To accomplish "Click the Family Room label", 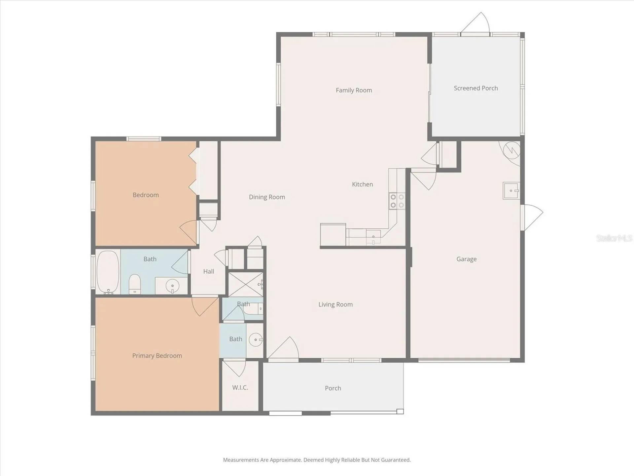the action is pos(354,90).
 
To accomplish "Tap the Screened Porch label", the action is pos(475,88).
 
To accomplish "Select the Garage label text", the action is pos(466,259).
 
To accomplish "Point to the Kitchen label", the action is pos(362,184).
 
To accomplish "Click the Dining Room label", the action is pos(267,197).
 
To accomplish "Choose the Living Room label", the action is pos(335,304).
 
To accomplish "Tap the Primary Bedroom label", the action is pos(157,356).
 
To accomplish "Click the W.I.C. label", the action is pos(240,387).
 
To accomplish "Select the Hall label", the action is pos(208,271).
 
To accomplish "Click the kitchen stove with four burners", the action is pos(397,201).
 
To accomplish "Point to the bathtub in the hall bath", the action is pos(108,272).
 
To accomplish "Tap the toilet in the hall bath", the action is pos(134,284).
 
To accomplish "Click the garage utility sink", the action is pos(511,191).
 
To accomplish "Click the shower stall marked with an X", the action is pos(246,284).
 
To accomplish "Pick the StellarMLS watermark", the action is pos(614,238).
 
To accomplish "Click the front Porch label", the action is pos(333,388).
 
